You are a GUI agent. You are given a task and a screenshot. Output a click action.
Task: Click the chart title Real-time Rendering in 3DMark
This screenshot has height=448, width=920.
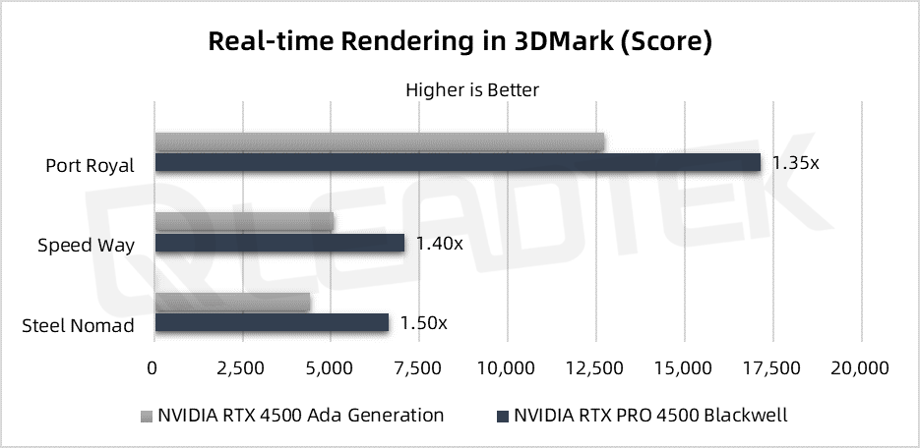point(460,42)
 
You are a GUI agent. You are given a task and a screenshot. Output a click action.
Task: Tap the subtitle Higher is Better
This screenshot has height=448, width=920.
point(472,90)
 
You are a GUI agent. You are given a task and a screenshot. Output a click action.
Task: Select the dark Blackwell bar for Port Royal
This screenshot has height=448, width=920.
point(458,162)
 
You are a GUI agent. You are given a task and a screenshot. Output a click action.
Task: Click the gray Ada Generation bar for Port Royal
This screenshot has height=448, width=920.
point(380,142)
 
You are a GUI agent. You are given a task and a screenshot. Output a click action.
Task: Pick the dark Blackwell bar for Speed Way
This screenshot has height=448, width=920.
point(279,243)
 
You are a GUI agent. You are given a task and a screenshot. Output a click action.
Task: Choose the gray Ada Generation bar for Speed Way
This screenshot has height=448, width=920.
point(244,222)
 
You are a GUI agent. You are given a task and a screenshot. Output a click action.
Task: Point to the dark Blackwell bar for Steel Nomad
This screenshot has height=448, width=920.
point(272,322)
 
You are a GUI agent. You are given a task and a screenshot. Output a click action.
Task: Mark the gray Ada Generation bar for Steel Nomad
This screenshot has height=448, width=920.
point(232,302)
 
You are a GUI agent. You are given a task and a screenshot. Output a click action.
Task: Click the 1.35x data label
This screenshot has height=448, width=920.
point(795,162)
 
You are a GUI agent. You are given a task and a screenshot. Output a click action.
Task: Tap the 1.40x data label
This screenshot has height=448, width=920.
point(439,243)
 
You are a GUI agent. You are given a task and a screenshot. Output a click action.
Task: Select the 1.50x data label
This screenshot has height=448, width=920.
point(423,322)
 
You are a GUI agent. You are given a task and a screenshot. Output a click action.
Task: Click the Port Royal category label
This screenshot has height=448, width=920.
point(90,165)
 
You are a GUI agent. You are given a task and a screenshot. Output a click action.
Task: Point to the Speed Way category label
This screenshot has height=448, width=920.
point(86,246)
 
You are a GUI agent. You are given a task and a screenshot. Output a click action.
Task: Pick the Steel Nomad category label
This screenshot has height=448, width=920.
point(78,325)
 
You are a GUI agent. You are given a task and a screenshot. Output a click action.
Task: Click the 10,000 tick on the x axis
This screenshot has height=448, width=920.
point(507,368)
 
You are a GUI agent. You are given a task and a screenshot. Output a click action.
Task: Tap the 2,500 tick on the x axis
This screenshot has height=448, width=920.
point(241,368)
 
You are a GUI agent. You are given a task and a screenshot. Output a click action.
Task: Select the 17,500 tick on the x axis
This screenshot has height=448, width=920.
point(772,368)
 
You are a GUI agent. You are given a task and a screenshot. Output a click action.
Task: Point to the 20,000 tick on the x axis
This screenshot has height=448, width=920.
point(861,368)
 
